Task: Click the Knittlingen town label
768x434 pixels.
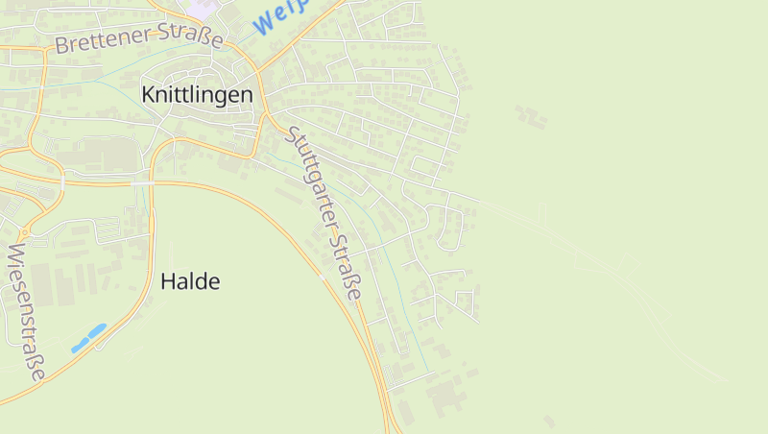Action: click(x=197, y=95)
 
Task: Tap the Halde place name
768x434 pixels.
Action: click(x=190, y=281)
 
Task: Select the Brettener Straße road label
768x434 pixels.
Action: click(x=138, y=38)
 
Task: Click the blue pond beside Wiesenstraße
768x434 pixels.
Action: click(x=88, y=337)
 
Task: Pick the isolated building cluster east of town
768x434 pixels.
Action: click(x=530, y=116)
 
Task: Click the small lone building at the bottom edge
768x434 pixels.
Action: click(x=549, y=421)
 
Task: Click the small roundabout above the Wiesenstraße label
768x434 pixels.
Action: click(x=22, y=233)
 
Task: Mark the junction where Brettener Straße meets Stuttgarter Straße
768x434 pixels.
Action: click(x=260, y=74)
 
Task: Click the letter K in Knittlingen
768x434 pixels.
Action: click(x=148, y=95)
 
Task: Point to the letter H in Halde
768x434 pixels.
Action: click(x=167, y=281)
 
